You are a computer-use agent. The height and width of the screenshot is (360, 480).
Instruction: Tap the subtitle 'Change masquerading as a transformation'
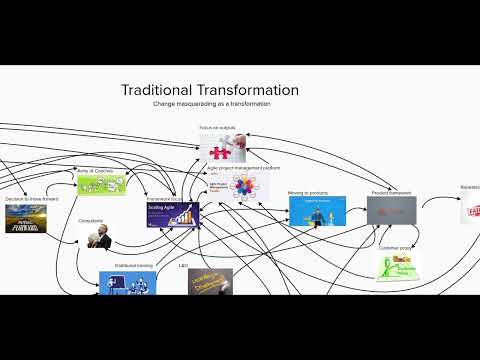click(x=211, y=104)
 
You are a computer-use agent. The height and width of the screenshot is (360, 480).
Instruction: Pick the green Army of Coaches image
click(x=102, y=184)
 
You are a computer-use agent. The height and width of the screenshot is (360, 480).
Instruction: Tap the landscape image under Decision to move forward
click(x=24, y=217)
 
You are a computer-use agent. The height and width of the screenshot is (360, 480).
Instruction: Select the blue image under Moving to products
click(x=317, y=211)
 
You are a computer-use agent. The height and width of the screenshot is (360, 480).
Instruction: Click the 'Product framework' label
click(x=391, y=191)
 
